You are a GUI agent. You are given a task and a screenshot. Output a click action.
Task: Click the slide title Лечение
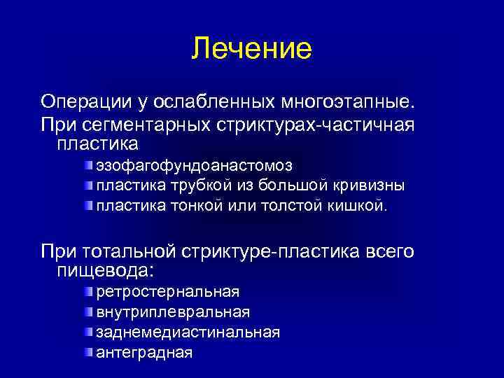point(251,48)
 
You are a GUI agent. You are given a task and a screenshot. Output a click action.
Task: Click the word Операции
point(83,103)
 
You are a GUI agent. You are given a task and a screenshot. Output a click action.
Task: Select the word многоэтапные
point(347,103)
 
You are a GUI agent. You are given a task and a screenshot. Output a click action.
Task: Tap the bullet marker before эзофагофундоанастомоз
point(89,165)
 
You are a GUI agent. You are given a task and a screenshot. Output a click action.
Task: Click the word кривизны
point(368,186)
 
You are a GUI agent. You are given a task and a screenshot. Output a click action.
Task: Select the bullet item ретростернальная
point(168,290)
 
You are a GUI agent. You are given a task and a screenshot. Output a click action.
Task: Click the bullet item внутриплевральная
point(173,311)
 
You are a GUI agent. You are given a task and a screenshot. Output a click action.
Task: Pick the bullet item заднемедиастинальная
point(188,332)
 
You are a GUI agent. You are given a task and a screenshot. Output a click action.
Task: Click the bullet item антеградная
point(144,352)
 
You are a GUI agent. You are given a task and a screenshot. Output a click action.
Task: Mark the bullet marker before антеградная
point(89,351)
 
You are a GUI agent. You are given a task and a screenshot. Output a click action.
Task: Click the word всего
point(391,251)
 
